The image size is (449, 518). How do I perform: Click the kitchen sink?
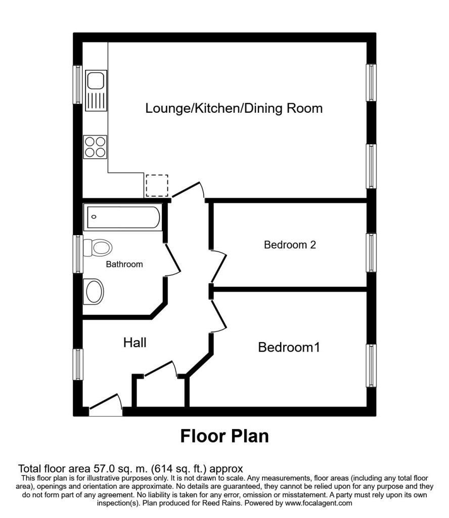click(96, 91)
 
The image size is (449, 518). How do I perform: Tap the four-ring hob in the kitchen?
click(95, 147)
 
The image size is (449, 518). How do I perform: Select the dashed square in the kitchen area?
click(157, 186)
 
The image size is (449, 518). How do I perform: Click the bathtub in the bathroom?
click(123, 218)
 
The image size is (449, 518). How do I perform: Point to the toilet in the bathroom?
click(98, 248)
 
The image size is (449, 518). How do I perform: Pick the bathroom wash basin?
click(94, 292)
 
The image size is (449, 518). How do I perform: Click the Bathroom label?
click(124, 264)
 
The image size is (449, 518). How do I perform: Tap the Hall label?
click(134, 342)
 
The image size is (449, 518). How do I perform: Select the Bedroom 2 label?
click(290, 245)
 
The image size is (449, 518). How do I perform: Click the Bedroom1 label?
click(289, 347)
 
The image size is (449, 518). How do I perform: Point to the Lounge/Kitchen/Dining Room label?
click(234, 108)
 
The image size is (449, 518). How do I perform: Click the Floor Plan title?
click(224, 436)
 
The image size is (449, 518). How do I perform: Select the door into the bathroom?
click(172, 260)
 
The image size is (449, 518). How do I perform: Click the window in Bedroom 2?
click(372, 253)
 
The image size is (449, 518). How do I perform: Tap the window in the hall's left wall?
click(78, 365)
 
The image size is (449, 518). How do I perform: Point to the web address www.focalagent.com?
click(319, 503)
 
